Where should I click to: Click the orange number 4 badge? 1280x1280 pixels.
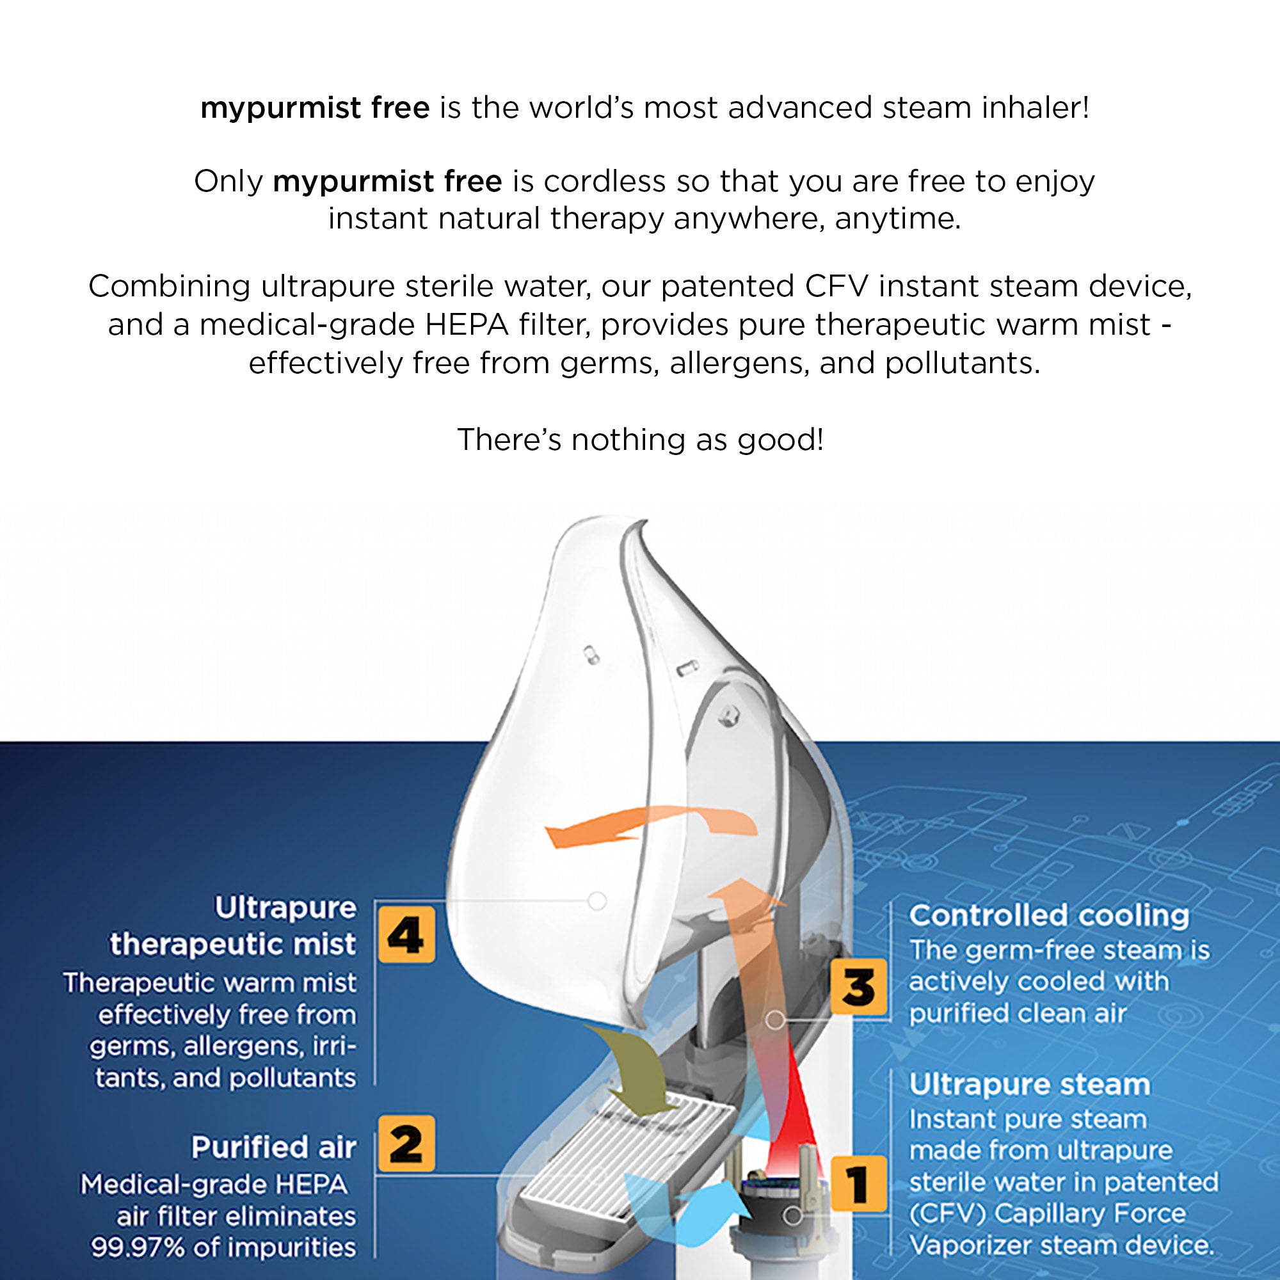[x=406, y=935]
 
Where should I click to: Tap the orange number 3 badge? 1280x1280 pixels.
[x=858, y=986]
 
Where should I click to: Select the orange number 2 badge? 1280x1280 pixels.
[x=406, y=1144]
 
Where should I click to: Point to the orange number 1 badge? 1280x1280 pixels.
[x=858, y=1184]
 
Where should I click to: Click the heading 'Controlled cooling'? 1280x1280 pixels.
[x=1049, y=916]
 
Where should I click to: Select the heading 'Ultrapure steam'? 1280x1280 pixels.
[x=1030, y=1085]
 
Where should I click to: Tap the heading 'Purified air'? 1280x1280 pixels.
[x=274, y=1147]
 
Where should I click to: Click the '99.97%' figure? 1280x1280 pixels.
[x=137, y=1247]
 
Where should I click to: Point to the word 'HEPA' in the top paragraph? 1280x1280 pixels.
[x=467, y=324]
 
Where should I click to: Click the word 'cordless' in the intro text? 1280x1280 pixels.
[x=604, y=181]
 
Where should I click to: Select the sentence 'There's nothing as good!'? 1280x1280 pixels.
[x=640, y=439]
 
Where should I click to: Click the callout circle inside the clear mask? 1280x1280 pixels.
[x=597, y=901]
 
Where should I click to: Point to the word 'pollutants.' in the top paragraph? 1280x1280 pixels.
[x=962, y=363]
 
